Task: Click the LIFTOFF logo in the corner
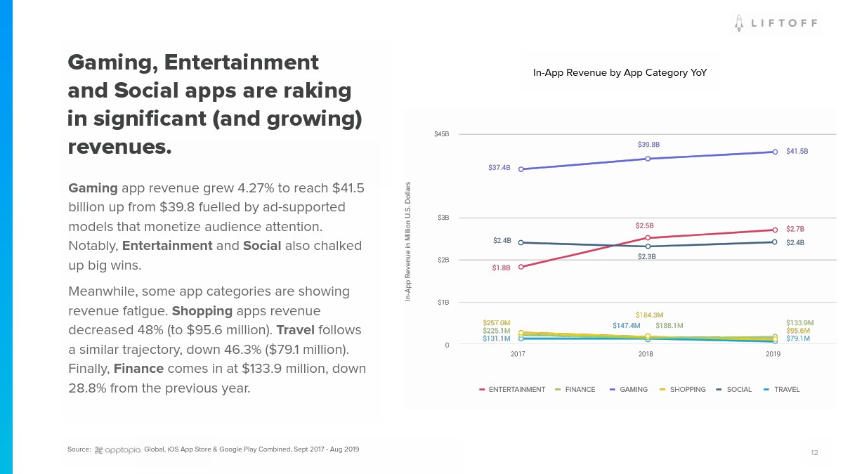click(776, 23)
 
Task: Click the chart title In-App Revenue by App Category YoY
click(620, 72)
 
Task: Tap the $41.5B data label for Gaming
click(797, 151)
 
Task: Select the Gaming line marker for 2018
click(648, 159)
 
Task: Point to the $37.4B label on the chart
click(499, 168)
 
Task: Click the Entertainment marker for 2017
click(521, 267)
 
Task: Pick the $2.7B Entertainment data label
click(795, 229)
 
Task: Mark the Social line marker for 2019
click(775, 242)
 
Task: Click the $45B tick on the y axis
click(441, 133)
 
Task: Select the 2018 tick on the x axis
click(646, 355)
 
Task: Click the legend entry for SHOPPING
click(682, 390)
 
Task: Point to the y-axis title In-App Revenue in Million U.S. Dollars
click(407, 242)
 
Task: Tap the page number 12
click(814, 453)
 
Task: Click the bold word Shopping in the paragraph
click(202, 311)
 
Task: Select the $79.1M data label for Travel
click(797, 338)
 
